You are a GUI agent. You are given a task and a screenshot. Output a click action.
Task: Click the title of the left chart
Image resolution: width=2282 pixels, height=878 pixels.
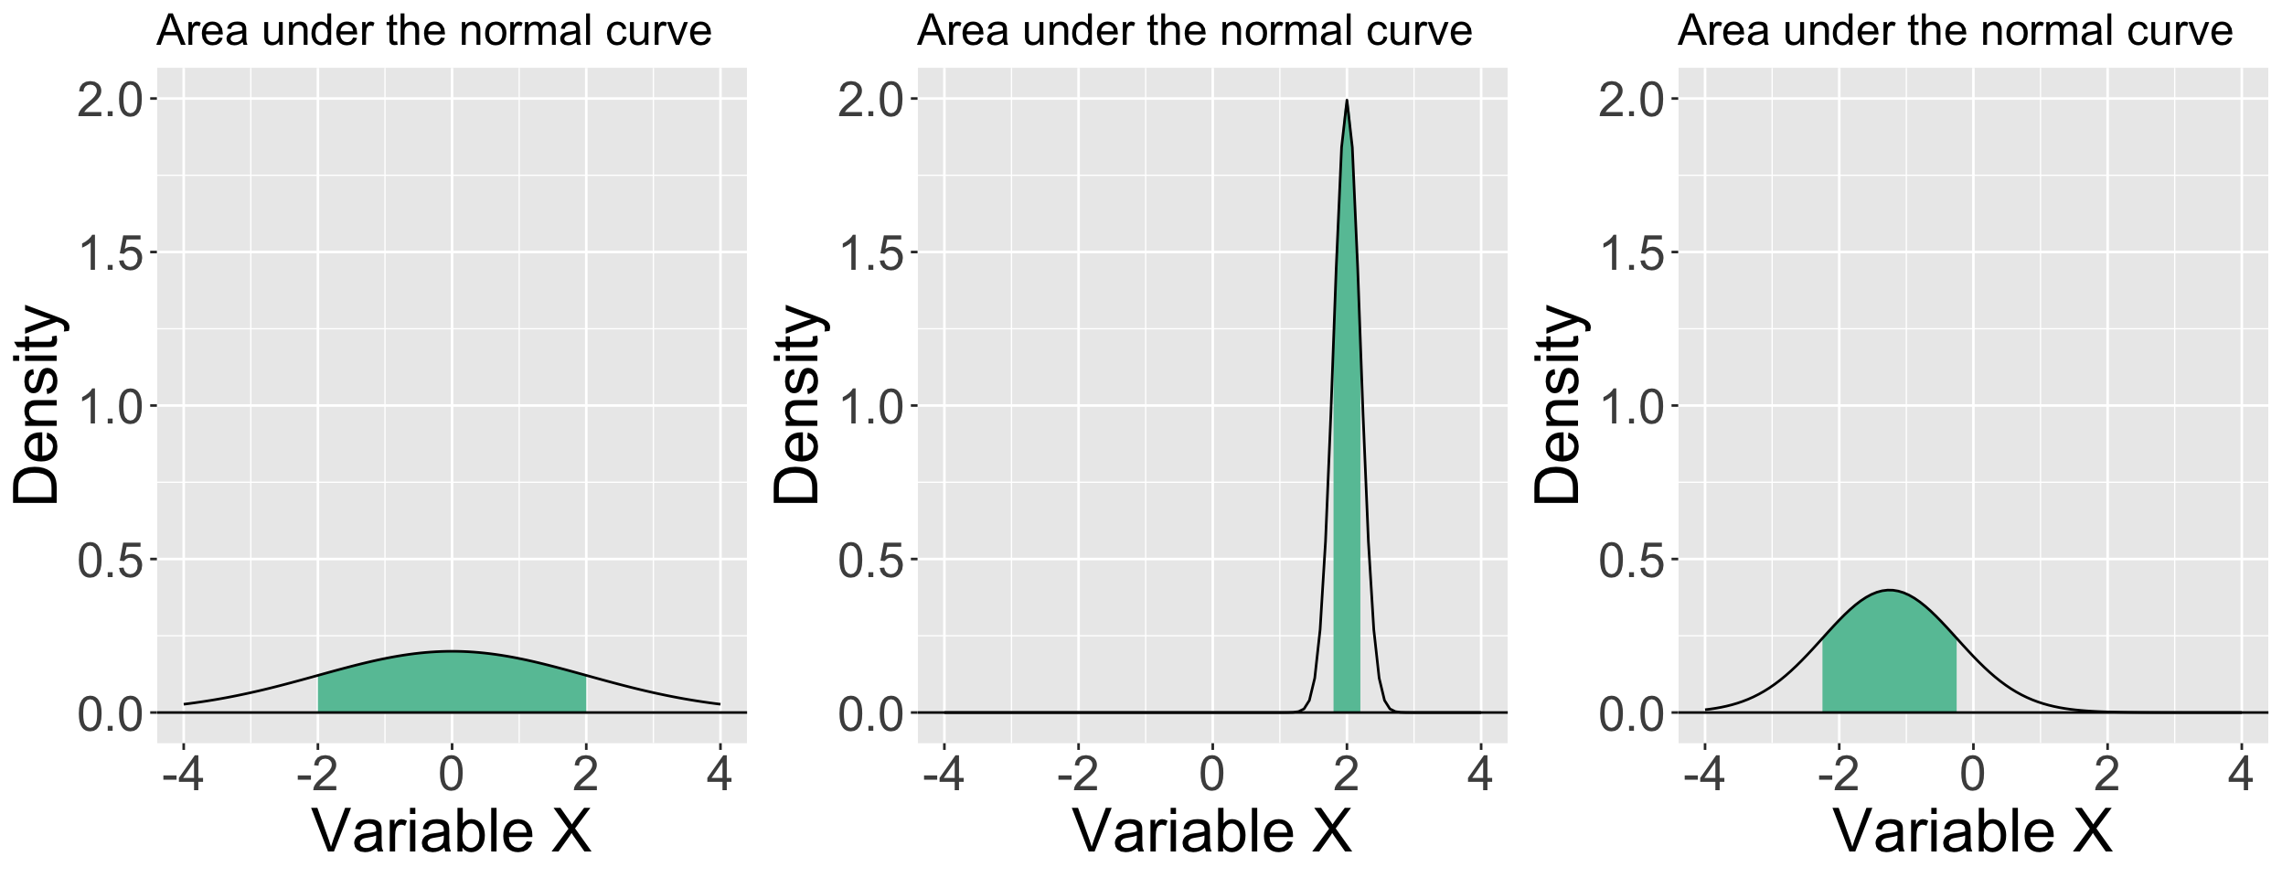point(433,31)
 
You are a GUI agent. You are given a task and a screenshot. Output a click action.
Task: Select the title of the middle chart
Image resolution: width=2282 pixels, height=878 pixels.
point(1194,31)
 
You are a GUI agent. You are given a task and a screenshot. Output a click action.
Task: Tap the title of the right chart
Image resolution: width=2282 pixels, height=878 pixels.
point(1955,31)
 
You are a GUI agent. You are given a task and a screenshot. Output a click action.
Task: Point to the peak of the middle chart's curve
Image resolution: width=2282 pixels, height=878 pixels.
point(1347,102)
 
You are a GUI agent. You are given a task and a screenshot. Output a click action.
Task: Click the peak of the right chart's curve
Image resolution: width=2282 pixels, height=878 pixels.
point(1889,591)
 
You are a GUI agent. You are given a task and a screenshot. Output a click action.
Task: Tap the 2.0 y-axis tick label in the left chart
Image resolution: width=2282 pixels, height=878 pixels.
point(111,100)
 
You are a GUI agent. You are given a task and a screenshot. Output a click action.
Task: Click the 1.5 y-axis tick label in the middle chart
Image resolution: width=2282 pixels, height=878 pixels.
point(871,253)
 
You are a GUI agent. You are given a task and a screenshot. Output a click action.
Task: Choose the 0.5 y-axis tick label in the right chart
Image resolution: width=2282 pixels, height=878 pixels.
point(1632,561)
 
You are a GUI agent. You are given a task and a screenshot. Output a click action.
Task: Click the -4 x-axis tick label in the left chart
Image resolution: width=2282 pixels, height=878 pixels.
point(183,776)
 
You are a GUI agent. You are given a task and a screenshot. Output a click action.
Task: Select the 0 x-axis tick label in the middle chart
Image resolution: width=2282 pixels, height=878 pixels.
point(1212,776)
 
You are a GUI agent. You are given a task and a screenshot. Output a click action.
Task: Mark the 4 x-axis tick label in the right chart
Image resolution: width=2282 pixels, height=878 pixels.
point(2241,776)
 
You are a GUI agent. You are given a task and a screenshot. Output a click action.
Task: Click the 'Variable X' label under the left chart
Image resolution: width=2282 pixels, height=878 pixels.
point(452,831)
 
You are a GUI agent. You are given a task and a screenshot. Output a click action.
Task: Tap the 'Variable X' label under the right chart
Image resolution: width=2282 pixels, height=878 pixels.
point(1973,831)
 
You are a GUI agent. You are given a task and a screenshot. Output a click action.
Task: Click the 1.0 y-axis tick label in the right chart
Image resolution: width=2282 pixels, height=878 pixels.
point(1632,407)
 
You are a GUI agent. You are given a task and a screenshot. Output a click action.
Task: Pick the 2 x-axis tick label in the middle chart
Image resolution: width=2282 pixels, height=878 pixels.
point(1346,776)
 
